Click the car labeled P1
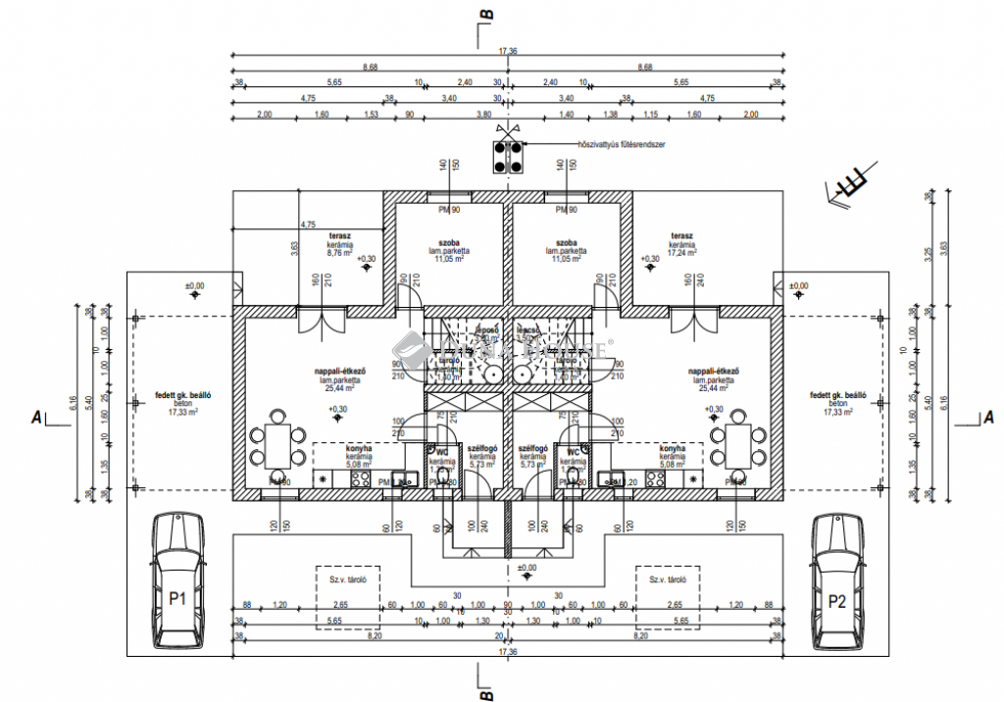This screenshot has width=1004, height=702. [x=177, y=581]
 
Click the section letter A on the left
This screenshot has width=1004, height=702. [x=36, y=417]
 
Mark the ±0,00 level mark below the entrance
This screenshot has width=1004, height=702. [x=527, y=569]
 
